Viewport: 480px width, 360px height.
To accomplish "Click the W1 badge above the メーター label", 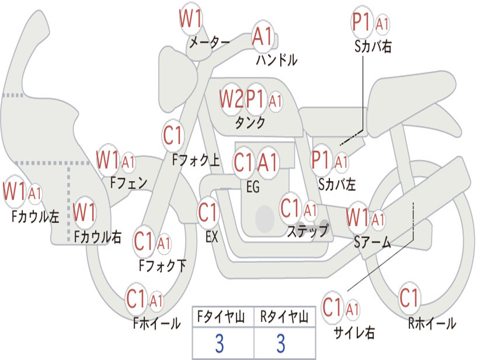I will point(191,20).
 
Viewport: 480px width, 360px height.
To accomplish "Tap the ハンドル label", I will point(277,60).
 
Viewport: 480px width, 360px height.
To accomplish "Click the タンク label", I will point(250,123).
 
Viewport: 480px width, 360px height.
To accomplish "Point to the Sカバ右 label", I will point(373,47).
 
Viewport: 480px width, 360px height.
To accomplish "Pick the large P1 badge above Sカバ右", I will point(362,22).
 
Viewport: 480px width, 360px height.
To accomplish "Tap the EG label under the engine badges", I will point(253,187).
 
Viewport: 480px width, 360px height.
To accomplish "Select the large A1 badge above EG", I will point(268,163).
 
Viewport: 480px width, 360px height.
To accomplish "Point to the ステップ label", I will point(307,231).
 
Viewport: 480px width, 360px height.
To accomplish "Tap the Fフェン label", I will point(129,182).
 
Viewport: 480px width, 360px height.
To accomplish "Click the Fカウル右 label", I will point(98,237).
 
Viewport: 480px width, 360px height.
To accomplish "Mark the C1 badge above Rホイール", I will point(409,298).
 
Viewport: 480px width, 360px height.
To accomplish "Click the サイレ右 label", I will point(354,332).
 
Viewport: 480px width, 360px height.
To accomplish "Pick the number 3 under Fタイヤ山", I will point(219,344).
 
